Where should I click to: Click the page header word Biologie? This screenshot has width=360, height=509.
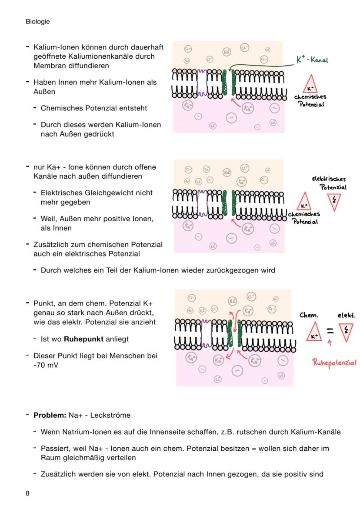click(37, 22)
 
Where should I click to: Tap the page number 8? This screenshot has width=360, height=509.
click(28, 493)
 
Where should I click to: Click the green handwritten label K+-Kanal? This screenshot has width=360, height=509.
click(312, 60)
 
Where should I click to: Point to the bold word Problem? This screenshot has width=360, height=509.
click(50, 415)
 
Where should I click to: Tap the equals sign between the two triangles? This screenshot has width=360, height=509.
click(331, 332)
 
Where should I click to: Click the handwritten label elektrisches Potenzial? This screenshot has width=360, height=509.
click(329, 183)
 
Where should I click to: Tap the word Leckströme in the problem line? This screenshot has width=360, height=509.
click(110, 415)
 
